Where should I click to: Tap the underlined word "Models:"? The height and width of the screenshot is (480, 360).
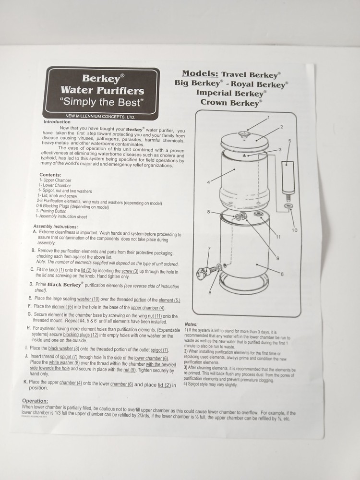tap(200, 74)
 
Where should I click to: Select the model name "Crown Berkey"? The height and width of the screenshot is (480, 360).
tap(231, 102)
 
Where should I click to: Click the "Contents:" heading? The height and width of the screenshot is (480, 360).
tap(50, 175)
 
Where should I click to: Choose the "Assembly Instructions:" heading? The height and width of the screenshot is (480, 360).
tap(55, 226)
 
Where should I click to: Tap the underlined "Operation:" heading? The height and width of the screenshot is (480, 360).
tap(35, 401)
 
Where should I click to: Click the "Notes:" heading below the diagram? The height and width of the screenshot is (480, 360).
tap(191, 324)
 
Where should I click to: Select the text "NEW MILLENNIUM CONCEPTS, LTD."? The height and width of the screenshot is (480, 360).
tap(100, 117)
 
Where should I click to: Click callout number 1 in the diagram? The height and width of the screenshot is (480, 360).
tap(268, 117)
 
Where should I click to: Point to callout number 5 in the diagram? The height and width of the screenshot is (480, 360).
tap(289, 141)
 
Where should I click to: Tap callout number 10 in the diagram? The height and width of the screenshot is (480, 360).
tap(294, 230)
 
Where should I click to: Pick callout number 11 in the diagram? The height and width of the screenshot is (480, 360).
tap(278, 237)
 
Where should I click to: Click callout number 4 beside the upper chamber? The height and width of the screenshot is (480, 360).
tap(209, 182)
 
